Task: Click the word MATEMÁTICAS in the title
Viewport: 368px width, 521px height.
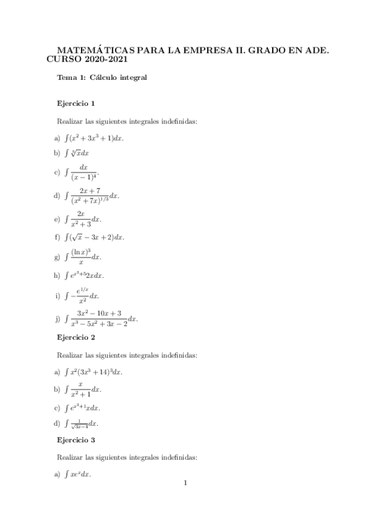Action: coord(90,52)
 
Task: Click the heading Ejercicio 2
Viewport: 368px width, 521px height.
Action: coord(76,337)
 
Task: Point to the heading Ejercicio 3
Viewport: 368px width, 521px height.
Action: coord(76,440)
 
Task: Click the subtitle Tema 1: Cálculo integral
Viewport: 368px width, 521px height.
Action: coord(101,77)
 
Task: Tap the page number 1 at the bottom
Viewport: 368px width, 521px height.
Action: coord(184,483)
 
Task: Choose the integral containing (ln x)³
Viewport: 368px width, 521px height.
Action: coord(83,256)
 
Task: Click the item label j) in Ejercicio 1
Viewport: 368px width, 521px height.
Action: coord(57,318)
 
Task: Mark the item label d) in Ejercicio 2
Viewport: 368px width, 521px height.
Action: coord(57,423)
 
